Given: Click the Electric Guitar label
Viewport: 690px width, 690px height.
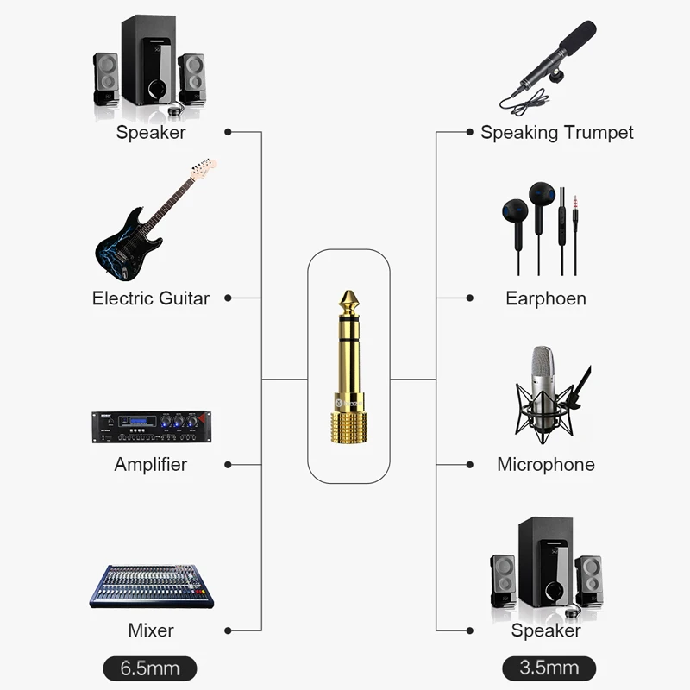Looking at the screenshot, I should (x=151, y=298).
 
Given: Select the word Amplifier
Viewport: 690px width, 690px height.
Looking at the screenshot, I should (x=151, y=464).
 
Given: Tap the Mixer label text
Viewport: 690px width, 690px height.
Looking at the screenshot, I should (x=151, y=630).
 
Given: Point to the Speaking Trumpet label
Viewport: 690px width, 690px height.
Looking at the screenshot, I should (x=557, y=133).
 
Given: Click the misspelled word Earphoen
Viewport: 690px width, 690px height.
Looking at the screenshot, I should (x=546, y=298).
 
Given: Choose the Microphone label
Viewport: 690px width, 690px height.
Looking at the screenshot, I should (x=546, y=464).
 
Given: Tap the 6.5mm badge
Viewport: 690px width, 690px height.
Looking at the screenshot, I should (x=150, y=668).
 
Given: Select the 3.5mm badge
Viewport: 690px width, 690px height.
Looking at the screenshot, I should (x=549, y=668).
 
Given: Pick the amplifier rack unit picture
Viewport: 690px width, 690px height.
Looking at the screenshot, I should (x=151, y=427).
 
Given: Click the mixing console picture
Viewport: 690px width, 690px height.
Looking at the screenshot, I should (x=151, y=586).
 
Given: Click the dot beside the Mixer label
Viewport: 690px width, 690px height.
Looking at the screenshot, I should (x=228, y=630).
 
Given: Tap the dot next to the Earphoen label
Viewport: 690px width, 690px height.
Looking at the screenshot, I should (x=469, y=298).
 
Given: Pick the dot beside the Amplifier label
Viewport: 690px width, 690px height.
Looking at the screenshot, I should (x=228, y=464).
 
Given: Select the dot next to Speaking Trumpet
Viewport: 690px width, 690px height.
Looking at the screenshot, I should (x=469, y=133).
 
